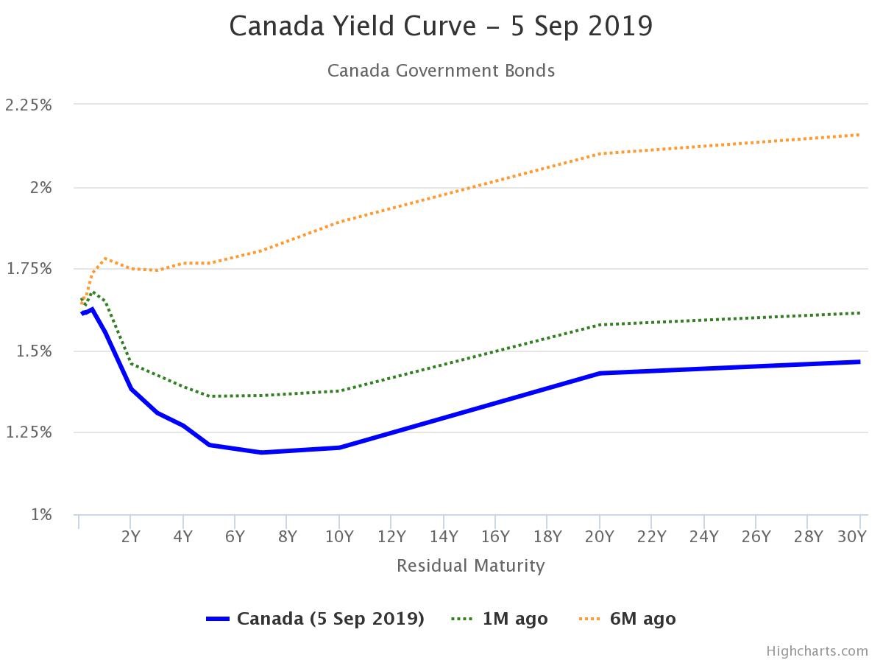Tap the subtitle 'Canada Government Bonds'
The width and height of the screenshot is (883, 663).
pyautogui.click(x=441, y=71)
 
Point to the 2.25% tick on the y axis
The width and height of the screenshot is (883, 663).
pyautogui.click(x=29, y=105)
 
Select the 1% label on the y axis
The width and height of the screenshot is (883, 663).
pyautogui.click(x=41, y=514)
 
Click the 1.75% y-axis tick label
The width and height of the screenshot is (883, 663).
pyautogui.click(x=29, y=269)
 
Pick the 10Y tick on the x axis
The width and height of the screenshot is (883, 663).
pyautogui.click(x=339, y=536)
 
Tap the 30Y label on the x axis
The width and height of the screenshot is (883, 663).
pyautogui.click(x=852, y=536)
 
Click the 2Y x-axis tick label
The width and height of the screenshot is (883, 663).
pyautogui.click(x=130, y=536)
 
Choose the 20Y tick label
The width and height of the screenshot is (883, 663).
pyautogui.click(x=600, y=536)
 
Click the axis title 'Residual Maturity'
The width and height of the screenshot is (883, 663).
pyautogui.click(x=471, y=566)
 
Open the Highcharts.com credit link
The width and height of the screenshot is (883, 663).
pyautogui.click(x=817, y=651)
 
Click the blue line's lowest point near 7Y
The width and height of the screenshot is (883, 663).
pyautogui.click(x=261, y=452)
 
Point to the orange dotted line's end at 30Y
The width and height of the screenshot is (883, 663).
pyautogui.click(x=859, y=135)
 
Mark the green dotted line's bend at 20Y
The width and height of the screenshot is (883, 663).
pyautogui.click(x=600, y=324)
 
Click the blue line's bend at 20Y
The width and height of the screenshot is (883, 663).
pyautogui.click(x=600, y=373)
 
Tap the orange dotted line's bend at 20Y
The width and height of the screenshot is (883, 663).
pyautogui.click(x=600, y=154)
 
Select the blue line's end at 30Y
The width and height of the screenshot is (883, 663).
pyautogui.click(x=859, y=362)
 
